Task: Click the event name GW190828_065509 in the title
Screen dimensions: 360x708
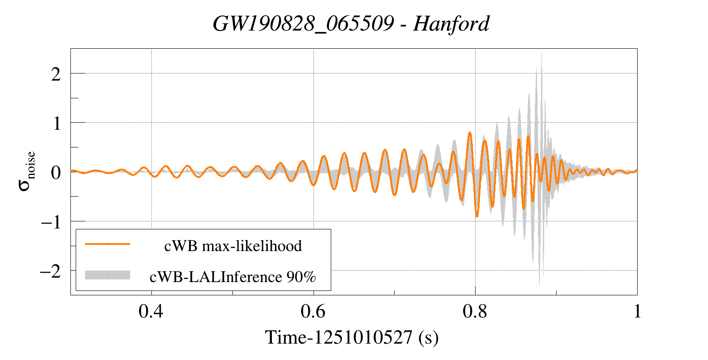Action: [303, 23]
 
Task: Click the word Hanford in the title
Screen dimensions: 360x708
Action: [451, 23]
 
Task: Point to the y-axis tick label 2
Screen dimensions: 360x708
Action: [56, 74]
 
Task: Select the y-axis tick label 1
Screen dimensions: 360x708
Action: [56, 124]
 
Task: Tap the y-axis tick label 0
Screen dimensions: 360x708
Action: [56, 173]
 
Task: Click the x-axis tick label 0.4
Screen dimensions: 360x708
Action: [151, 312]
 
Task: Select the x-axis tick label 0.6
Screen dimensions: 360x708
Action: [313, 312]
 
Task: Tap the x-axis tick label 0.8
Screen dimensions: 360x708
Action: [475, 312]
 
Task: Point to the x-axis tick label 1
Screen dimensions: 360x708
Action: [637, 312]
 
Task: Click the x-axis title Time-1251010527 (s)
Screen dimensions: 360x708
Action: [352, 337]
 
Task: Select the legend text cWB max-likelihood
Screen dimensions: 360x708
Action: [233, 246]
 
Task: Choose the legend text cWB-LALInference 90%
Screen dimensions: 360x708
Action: [233, 277]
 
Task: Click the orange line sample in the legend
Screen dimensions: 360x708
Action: [108, 244]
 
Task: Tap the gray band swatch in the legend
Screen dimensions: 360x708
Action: [108, 275]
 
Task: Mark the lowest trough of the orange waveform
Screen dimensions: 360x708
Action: [477, 216]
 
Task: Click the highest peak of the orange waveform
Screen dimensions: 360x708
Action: [470, 132]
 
